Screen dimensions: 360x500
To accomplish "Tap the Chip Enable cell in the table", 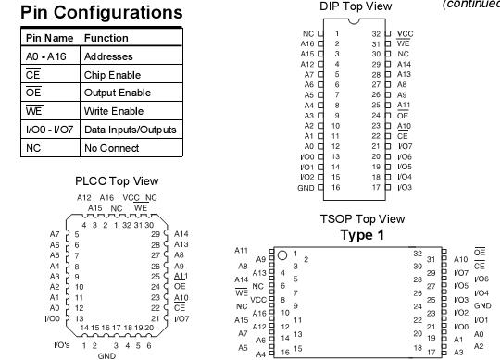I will click(108, 75).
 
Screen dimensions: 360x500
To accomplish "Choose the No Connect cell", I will click(107, 146).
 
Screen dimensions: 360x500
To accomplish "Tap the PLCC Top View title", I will click(119, 181).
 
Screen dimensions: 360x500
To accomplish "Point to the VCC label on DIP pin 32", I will click(405, 33).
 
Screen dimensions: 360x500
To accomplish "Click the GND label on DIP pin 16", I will click(306, 187).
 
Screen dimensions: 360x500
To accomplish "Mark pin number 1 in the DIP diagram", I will click(338, 33).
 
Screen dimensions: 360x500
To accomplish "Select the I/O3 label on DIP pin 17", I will click(405, 187).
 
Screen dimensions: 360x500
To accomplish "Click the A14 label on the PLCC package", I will click(181, 235).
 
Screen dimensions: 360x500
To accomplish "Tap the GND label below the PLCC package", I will click(107, 354).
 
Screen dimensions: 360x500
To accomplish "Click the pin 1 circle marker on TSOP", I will click(281, 254).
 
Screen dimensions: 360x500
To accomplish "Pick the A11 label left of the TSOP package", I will click(243, 250).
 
